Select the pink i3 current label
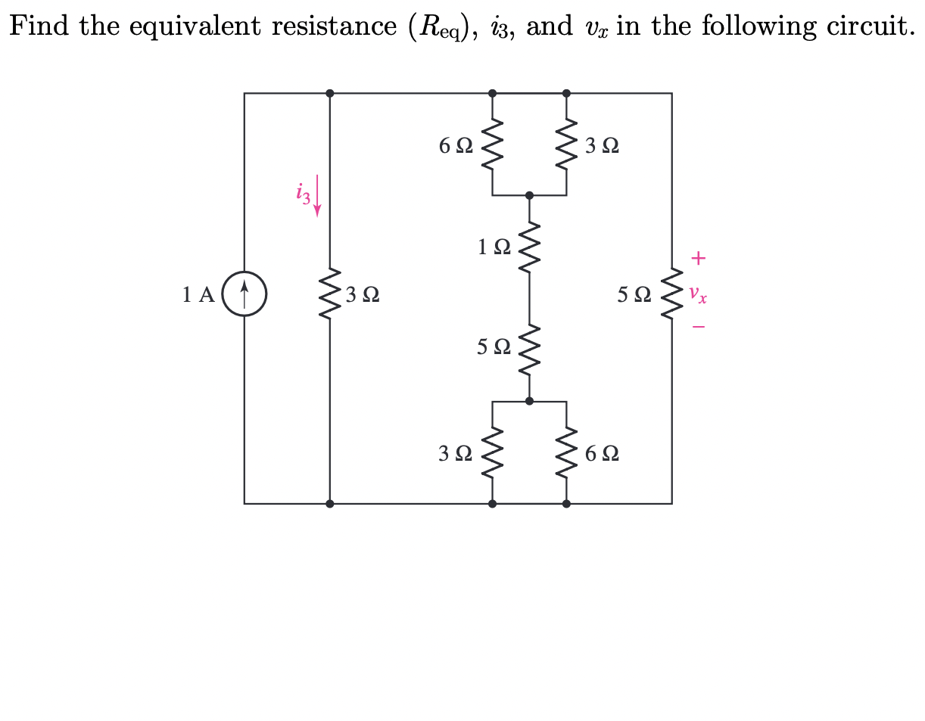point(303,193)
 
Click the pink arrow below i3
point(317,196)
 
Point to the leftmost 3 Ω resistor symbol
point(330,294)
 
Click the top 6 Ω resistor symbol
point(492,145)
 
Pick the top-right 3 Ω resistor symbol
point(566,145)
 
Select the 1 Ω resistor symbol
point(529,246)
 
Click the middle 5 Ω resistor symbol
point(529,347)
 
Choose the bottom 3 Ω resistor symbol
point(492,453)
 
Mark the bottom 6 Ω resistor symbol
point(566,453)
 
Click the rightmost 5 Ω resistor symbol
point(671,294)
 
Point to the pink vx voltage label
point(698,294)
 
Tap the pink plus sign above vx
point(698,259)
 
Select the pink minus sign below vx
point(698,328)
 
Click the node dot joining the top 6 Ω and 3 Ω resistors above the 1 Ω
point(529,195)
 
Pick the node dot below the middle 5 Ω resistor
point(529,401)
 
